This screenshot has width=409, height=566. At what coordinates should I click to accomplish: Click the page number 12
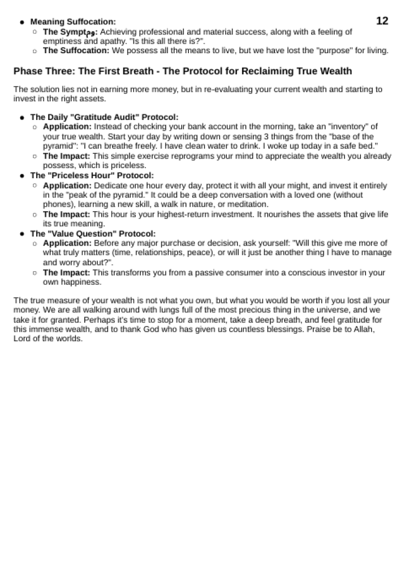tap(382, 21)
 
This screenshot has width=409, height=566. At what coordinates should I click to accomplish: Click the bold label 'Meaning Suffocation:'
tap(73, 22)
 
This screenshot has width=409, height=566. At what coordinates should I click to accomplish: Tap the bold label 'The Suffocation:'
tap(76, 51)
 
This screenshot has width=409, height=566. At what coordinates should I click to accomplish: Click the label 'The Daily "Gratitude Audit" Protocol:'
tap(104, 118)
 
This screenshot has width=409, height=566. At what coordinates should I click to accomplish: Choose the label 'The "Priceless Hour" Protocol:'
tap(92, 176)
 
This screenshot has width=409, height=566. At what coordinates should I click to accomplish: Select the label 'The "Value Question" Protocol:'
tap(93, 234)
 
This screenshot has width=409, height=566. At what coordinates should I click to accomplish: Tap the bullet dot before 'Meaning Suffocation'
tap(22, 22)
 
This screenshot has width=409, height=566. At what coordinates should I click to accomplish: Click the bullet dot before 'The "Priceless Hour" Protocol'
tap(22, 176)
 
